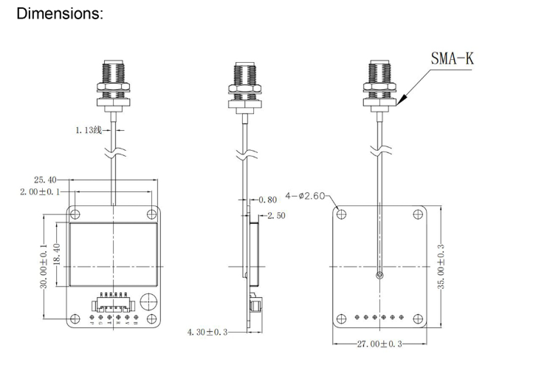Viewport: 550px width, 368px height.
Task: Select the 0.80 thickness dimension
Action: (267, 200)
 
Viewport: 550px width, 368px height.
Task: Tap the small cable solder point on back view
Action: (378, 276)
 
